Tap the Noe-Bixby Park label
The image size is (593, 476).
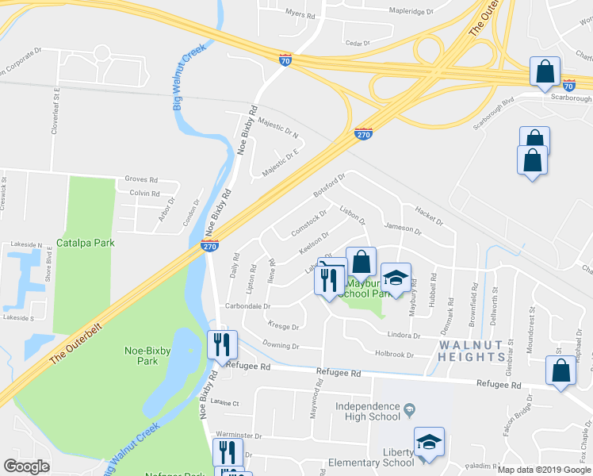[x=148, y=355]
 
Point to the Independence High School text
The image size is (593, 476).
[x=367, y=411]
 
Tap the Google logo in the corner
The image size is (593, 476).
[x=26, y=466]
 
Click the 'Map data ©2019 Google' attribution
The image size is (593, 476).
[x=544, y=470]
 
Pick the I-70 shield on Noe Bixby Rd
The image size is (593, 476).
[x=285, y=59]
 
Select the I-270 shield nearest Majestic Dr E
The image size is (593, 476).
[x=363, y=134]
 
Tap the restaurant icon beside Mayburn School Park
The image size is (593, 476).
[x=329, y=279]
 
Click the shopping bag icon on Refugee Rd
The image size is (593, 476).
[x=560, y=372]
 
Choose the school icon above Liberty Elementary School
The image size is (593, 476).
[x=429, y=443]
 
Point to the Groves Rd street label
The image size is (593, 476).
[x=136, y=179]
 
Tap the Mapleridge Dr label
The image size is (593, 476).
[x=412, y=11]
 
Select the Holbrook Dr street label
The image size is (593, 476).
[x=395, y=355]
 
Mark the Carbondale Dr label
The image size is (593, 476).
[x=247, y=305]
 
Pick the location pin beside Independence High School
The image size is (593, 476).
[x=409, y=410]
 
